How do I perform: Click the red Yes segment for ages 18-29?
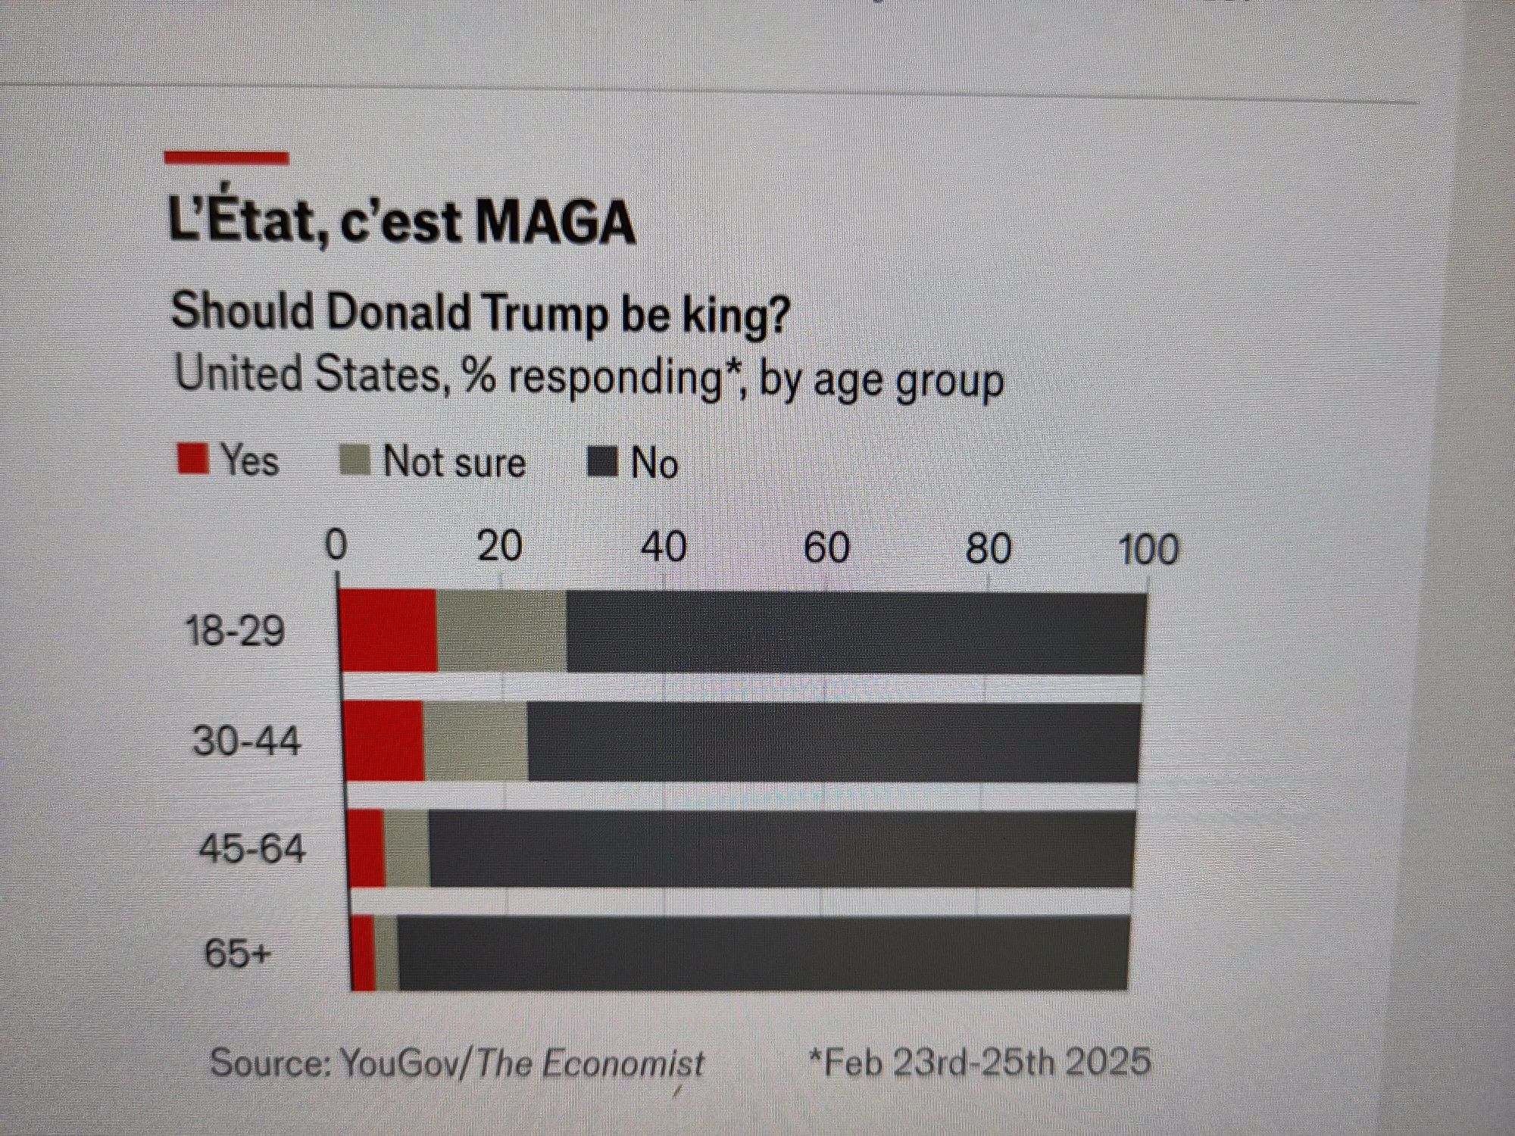388,630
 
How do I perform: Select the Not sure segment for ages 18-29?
501,632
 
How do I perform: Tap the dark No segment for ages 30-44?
833,742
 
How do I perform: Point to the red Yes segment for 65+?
364,953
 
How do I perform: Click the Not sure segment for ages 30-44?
476,741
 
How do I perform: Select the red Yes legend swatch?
192,459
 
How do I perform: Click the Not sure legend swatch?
355,460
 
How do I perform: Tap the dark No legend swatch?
603,462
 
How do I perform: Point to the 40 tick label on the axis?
664,547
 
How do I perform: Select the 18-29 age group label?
236,630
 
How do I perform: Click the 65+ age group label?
236,953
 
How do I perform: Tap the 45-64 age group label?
251,848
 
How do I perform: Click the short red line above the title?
226,158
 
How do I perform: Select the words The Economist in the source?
591,1063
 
